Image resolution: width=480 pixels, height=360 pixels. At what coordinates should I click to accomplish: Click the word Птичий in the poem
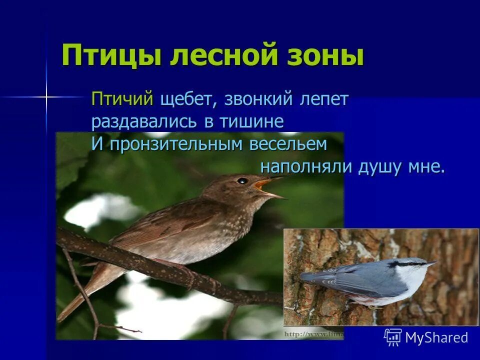point(122,99)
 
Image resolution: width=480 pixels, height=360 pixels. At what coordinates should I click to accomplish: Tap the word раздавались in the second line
point(144,121)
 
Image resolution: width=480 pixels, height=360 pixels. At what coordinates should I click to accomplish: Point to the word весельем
point(289,144)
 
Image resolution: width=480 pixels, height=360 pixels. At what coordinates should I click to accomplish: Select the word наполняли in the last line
point(306,167)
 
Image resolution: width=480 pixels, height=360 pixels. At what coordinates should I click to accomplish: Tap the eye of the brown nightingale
point(242,180)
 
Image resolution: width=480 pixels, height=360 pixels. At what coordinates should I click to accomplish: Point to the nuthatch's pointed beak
point(430,263)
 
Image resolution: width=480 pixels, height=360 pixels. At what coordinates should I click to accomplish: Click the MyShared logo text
point(436,337)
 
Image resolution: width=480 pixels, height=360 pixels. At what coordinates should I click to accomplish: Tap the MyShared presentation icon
point(393,337)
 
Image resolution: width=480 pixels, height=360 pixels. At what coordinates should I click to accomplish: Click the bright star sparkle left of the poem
point(45,96)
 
